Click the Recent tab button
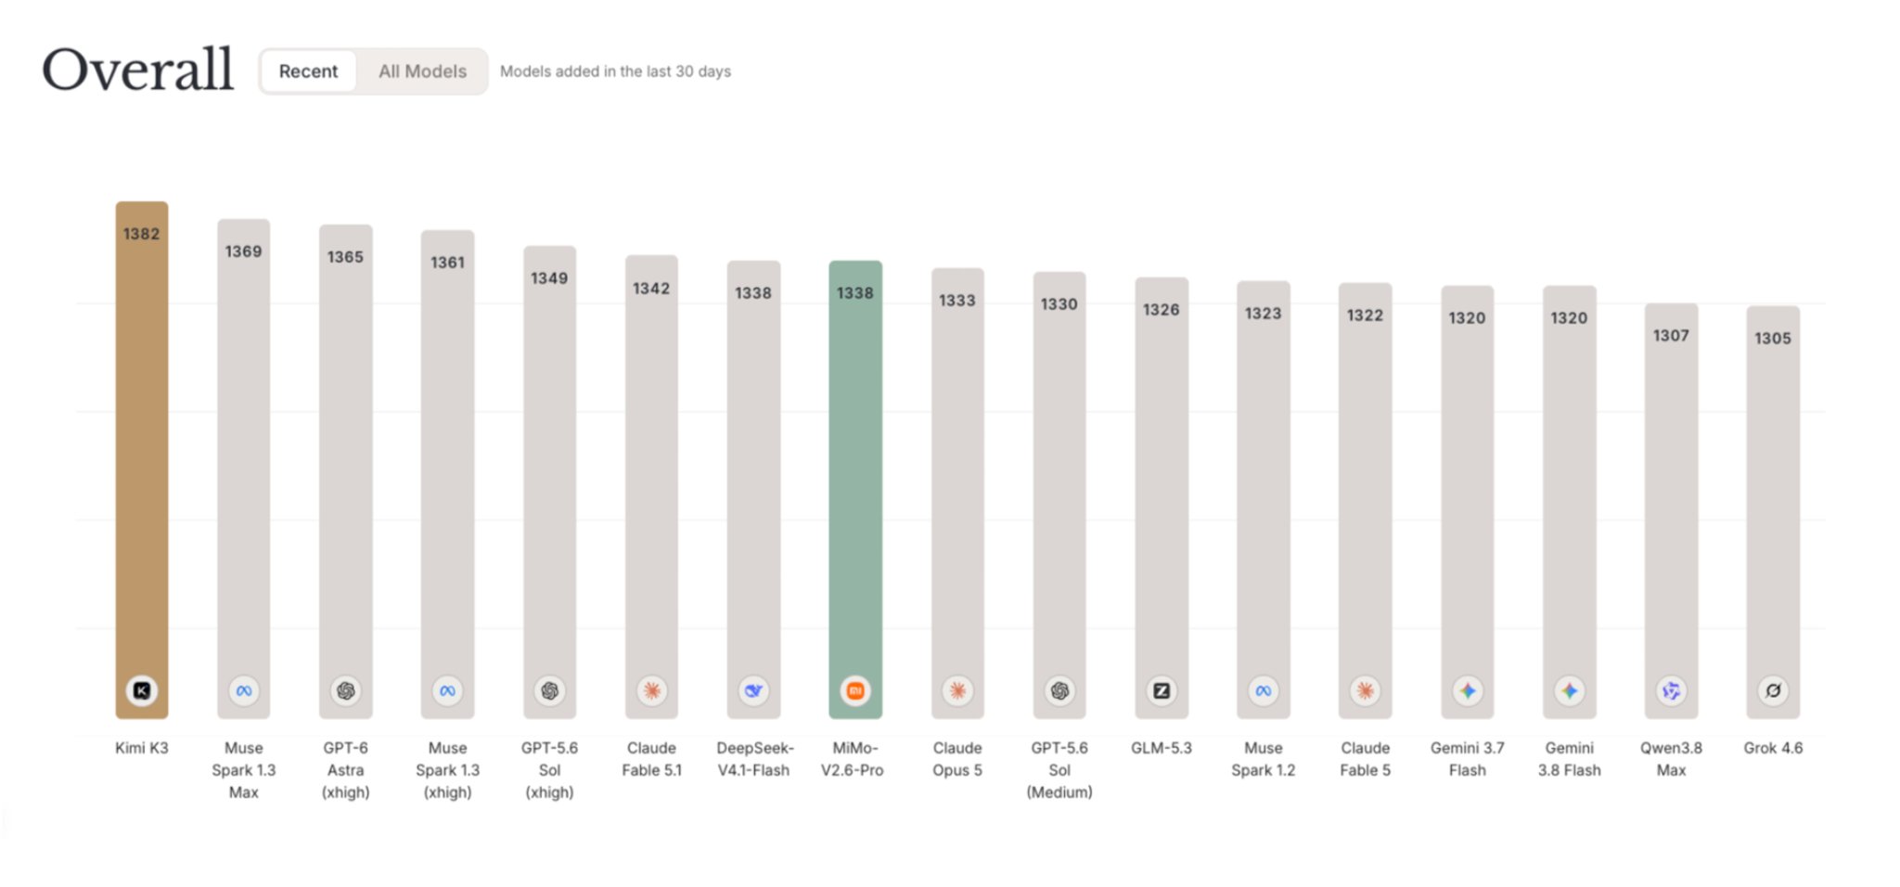[308, 71]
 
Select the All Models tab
[422, 71]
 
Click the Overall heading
[138, 70]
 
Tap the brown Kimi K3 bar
[142, 459]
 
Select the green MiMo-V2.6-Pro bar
[855, 489]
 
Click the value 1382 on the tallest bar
[142, 234]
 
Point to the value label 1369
[243, 251]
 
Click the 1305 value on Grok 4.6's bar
[1773, 339]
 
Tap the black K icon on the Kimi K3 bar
[142, 690]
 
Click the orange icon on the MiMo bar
[855, 690]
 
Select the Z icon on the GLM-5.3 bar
[1162, 690]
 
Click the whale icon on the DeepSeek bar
[753, 690]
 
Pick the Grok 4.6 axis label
[1773, 748]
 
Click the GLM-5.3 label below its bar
[1162, 748]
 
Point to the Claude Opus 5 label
[957, 759]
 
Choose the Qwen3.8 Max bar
[1672, 510]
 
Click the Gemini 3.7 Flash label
[1468, 759]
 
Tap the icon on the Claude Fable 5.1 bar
[651, 690]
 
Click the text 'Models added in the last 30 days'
[615, 71]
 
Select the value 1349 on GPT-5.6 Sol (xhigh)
[549, 278]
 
